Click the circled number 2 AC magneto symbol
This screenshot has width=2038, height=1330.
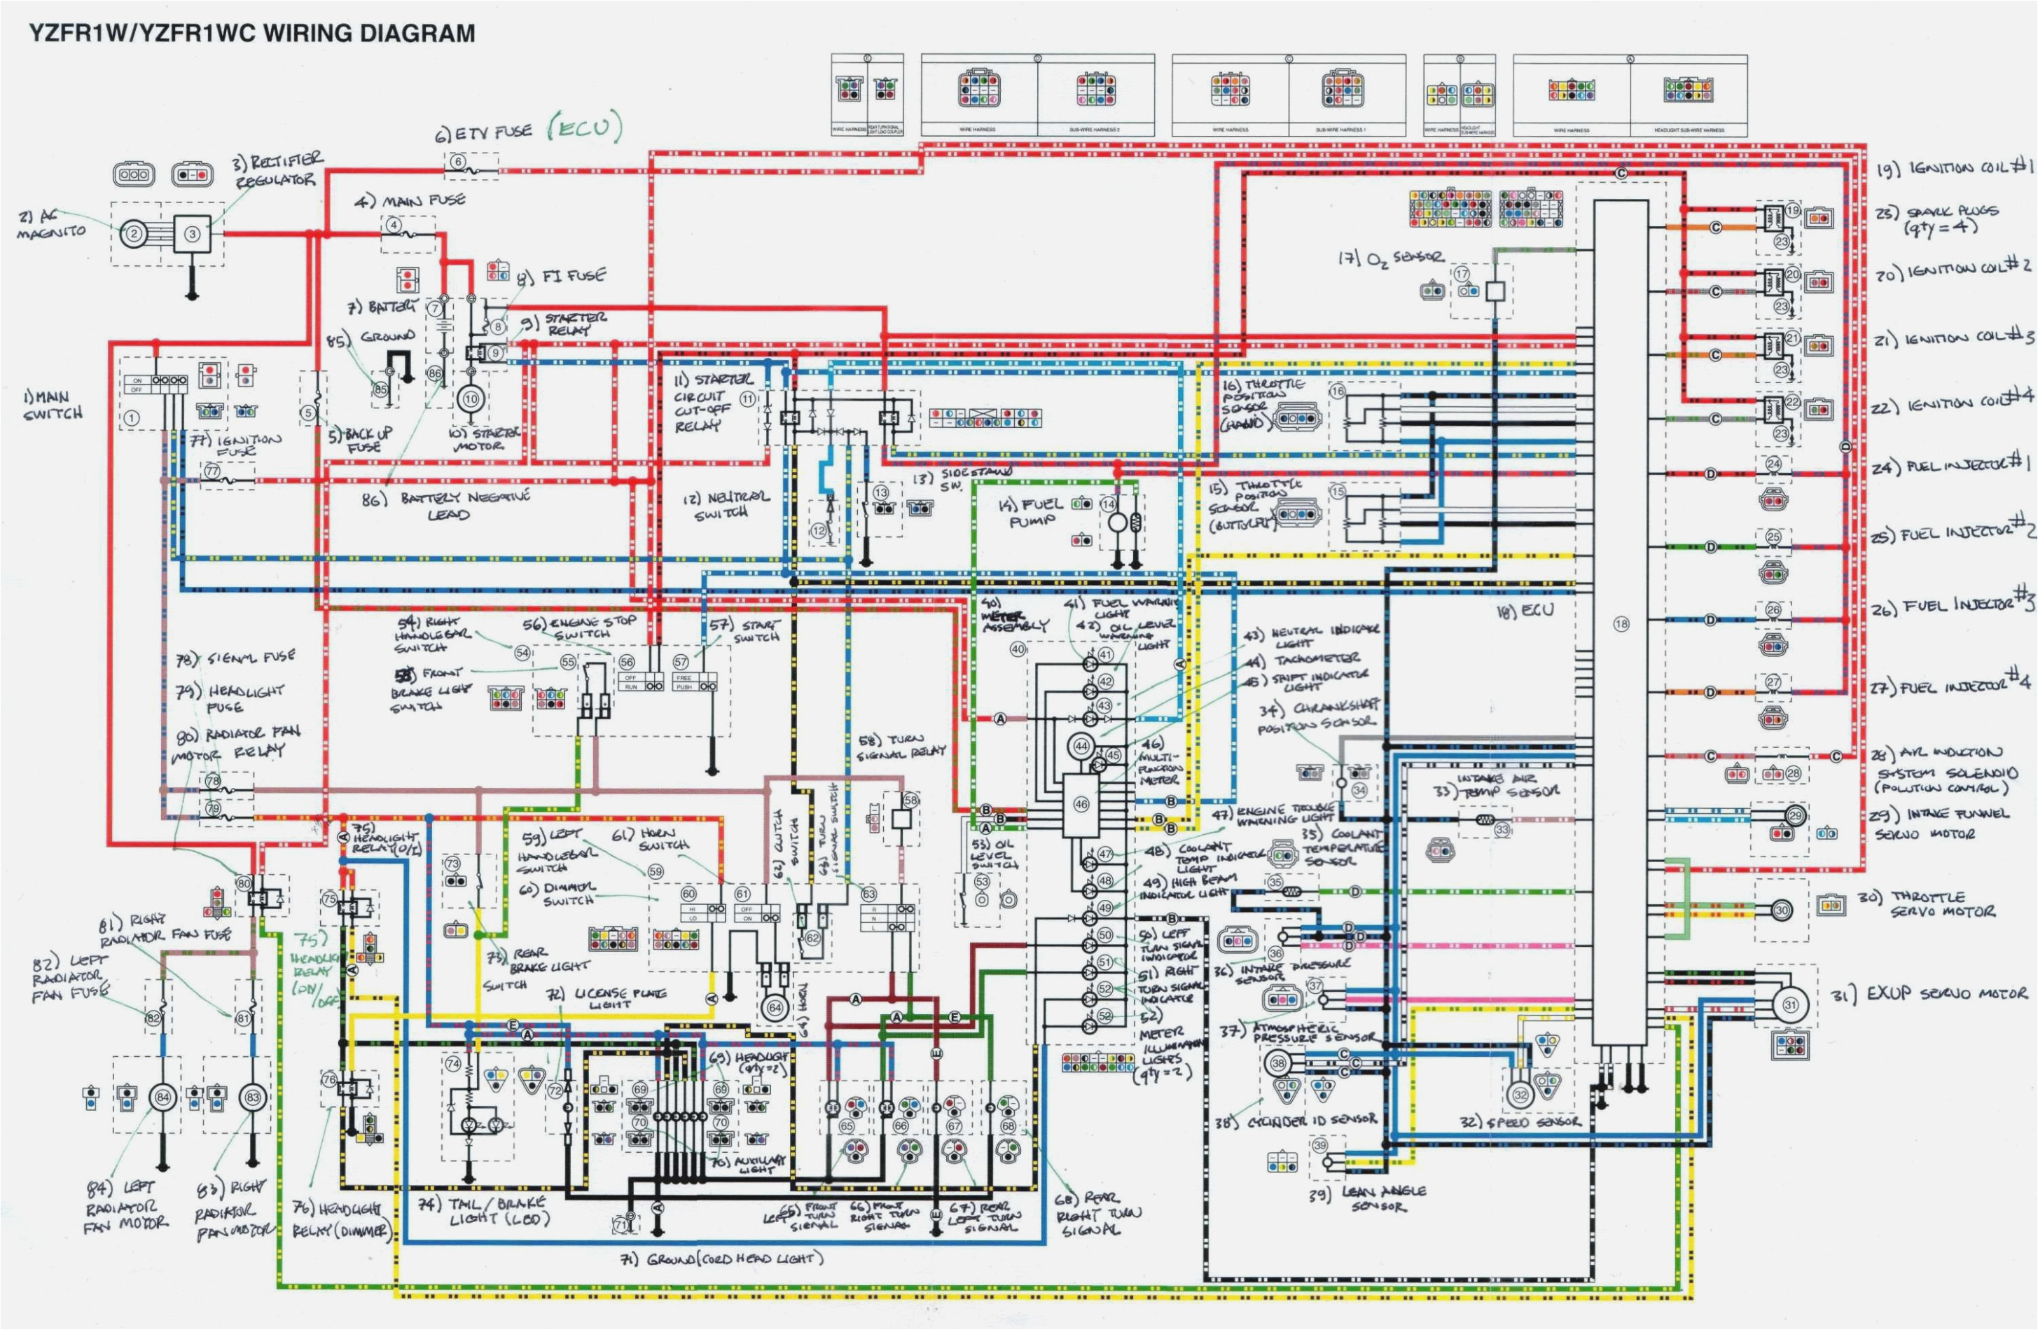134,234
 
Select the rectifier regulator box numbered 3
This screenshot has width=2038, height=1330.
193,234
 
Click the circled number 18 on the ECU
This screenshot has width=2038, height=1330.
1621,623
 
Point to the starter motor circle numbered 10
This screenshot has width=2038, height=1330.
470,399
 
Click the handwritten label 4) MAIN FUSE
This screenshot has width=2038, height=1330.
411,200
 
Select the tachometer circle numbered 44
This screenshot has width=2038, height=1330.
1081,747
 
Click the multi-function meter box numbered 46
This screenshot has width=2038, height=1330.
1081,805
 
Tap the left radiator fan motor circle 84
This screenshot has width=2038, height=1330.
162,1097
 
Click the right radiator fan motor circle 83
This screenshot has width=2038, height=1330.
253,1097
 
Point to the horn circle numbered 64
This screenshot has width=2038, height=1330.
775,1008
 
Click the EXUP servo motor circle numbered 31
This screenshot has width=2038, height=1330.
1789,1004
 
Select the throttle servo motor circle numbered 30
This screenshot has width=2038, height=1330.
1781,910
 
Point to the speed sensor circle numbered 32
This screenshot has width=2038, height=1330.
1520,1095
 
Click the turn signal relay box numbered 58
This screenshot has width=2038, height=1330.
901,818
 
